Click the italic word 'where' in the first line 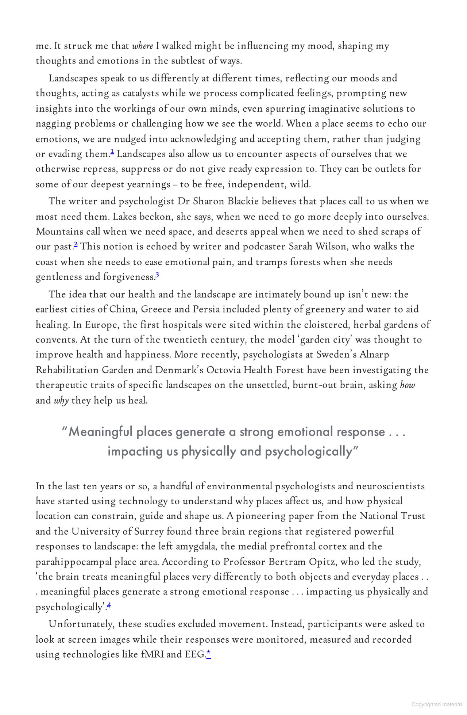pos(143,46)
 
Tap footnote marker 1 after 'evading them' pos(112,152)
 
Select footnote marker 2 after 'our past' pos(76,245)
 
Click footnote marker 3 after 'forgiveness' pos(157,275)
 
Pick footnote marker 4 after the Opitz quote pos(109,606)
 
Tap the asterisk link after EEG pos(209,654)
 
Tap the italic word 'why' pos(61,401)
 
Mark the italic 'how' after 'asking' pos(408,385)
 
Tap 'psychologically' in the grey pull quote pos(309,452)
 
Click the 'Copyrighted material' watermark pos(436,704)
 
